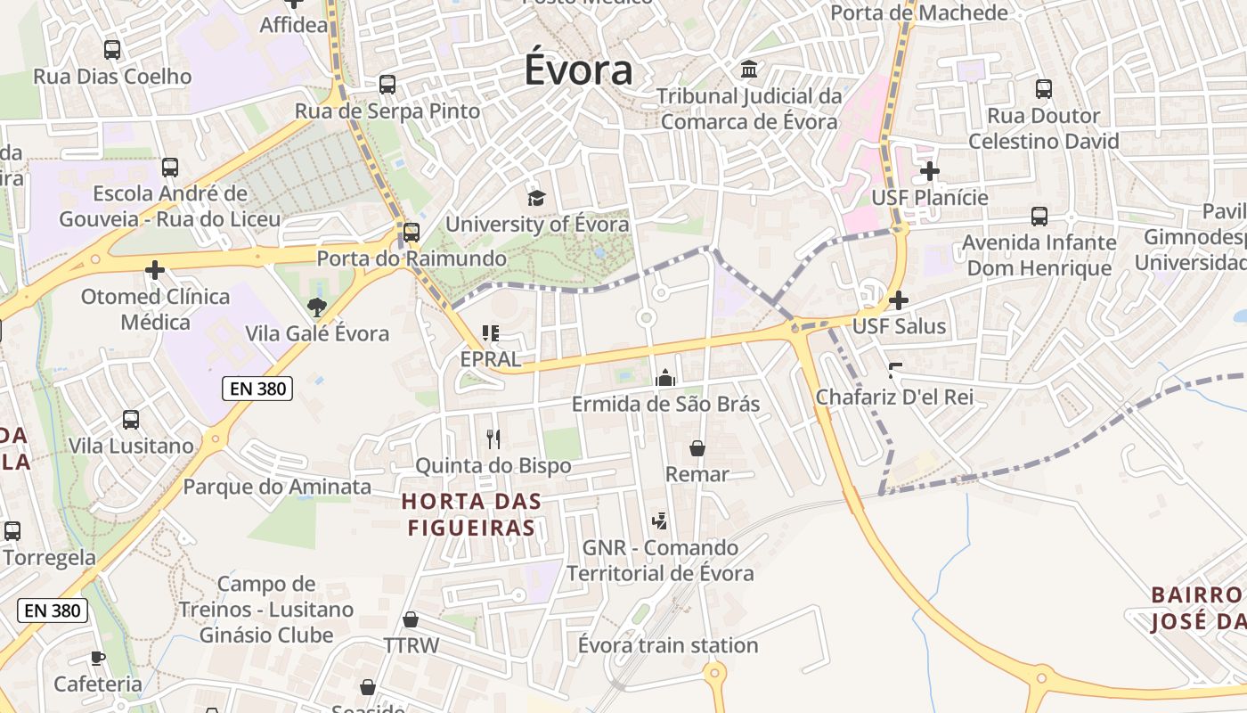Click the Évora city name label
(x=578, y=70)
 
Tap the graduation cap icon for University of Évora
(x=535, y=197)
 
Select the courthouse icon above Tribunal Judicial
(x=749, y=69)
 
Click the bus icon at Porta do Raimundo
(x=411, y=232)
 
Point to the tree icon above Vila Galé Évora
(x=316, y=307)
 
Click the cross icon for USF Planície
(x=930, y=170)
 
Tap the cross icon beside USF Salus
(x=899, y=300)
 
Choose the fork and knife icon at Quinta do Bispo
(x=493, y=438)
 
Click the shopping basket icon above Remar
(x=697, y=448)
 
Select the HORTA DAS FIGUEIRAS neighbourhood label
(x=471, y=514)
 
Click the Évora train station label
(x=668, y=645)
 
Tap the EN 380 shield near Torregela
(x=53, y=611)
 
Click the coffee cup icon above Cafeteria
(x=97, y=658)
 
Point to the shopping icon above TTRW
(x=411, y=619)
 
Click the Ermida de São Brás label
(x=665, y=404)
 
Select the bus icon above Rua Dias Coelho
(x=112, y=50)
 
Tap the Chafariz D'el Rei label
(x=894, y=397)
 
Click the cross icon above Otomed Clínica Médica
(x=155, y=269)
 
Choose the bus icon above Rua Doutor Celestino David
(x=1043, y=89)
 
